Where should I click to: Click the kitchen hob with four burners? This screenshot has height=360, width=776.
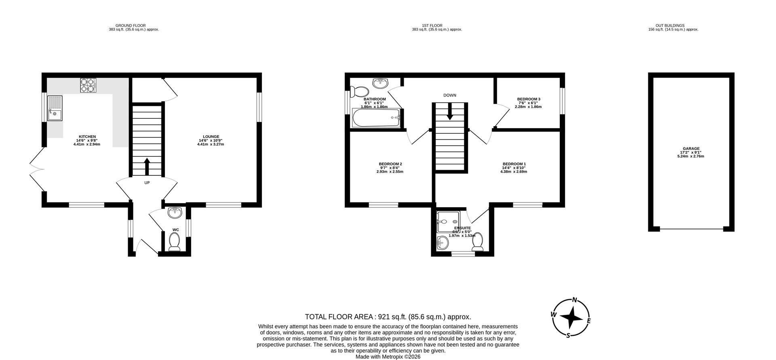tap(89, 85)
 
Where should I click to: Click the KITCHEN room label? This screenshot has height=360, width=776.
tap(87, 137)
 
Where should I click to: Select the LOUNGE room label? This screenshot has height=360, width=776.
tap(211, 137)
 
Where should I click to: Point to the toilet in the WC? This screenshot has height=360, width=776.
tap(175, 242)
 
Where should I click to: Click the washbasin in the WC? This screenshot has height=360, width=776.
tap(175, 212)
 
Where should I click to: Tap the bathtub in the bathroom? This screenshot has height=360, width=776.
tap(376, 118)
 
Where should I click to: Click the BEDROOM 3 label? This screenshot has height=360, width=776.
tap(528, 99)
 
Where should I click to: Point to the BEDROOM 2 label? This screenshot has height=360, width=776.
tap(390, 164)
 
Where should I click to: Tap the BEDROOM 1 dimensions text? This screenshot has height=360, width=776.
tap(513, 172)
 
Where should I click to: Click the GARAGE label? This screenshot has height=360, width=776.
tap(691, 148)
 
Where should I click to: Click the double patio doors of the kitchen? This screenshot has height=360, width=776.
tap(36, 169)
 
